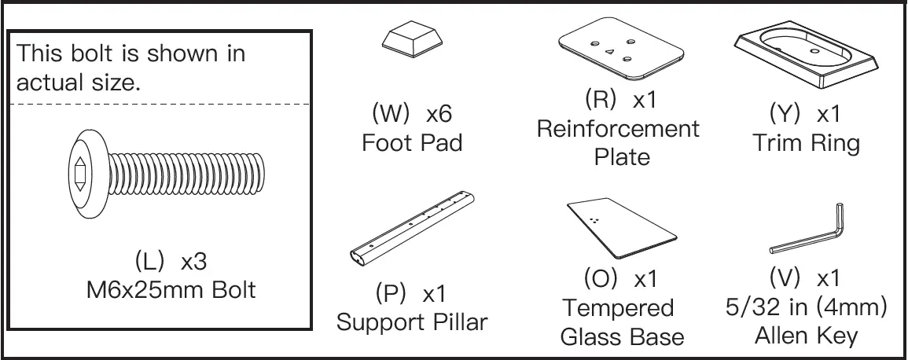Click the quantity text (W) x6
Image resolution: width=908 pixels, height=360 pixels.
[x=411, y=113]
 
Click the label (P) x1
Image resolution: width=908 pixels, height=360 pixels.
[x=412, y=294]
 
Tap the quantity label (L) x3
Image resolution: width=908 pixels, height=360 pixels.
[x=171, y=261]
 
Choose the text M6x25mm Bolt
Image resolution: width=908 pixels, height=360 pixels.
[x=171, y=289]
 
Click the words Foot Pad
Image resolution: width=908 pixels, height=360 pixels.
[x=412, y=143]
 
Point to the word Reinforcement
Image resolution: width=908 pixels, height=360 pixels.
[x=618, y=129]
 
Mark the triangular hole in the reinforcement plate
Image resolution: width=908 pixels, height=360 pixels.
[x=609, y=52]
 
